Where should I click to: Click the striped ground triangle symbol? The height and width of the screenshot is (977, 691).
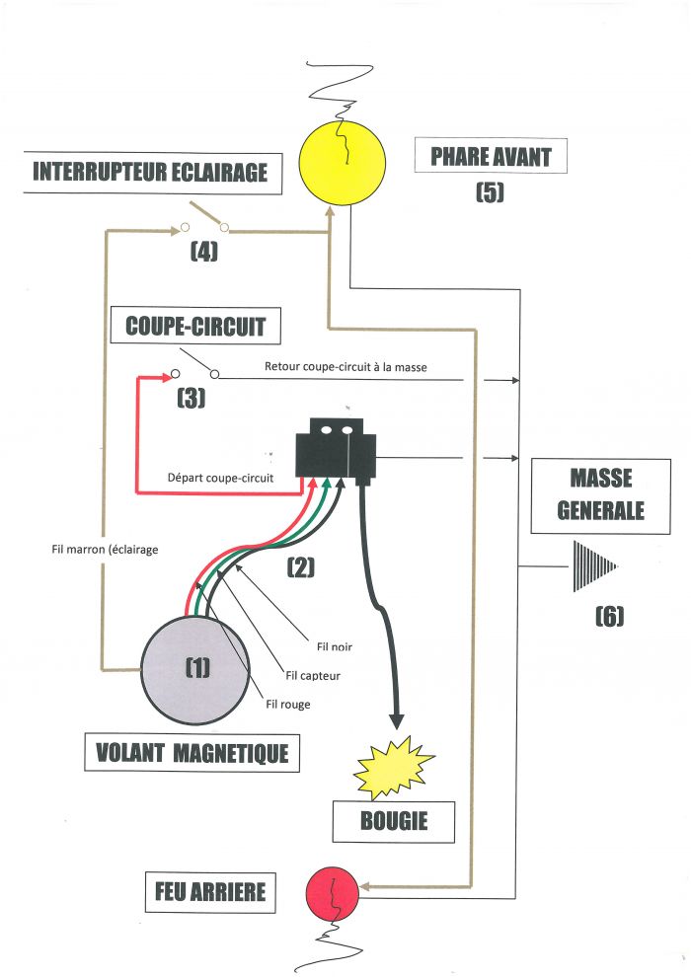coord(592,565)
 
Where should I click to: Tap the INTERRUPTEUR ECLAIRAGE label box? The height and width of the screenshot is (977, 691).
coord(150,172)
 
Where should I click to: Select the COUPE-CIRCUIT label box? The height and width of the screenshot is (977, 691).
coord(195,326)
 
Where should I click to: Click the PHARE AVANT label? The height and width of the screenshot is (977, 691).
coord(491,156)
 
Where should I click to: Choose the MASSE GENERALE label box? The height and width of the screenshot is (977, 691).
coord(600,494)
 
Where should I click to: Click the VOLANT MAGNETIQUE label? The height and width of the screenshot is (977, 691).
coord(192,753)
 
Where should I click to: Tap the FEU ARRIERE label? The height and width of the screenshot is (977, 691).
coord(209,892)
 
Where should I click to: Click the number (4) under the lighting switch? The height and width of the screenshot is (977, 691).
coord(203,252)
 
